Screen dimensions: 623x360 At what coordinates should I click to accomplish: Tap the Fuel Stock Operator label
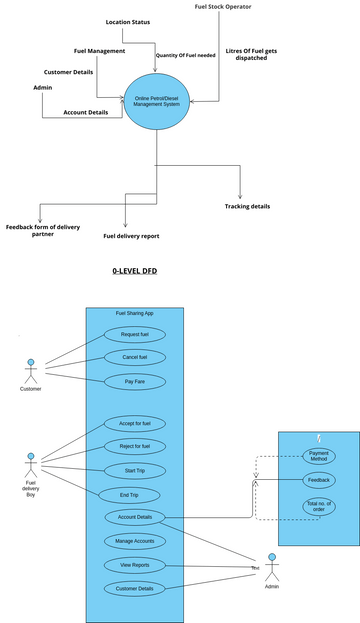[x=222, y=7]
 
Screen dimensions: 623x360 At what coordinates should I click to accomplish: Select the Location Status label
[x=128, y=21]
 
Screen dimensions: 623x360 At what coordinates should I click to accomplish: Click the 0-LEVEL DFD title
[x=135, y=271]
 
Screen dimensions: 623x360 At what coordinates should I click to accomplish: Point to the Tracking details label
[x=247, y=207]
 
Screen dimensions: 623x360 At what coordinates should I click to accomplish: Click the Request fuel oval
[x=135, y=334]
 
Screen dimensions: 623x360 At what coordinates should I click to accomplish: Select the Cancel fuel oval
[x=135, y=357]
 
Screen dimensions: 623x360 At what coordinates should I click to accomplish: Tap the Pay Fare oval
[x=135, y=381]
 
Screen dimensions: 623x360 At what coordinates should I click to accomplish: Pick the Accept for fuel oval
[x=135, y=423]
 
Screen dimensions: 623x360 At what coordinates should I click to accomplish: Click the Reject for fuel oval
[x=135, y=446]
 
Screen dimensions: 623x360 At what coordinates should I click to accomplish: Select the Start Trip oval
[x=135, y=470]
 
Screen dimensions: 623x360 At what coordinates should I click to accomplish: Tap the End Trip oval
[x=129, y=494]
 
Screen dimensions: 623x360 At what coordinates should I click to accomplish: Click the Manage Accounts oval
[x=135, y=541]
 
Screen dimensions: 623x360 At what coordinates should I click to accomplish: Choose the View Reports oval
[x=135, y=565]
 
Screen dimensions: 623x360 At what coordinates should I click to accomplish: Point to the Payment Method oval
[x=319, y=456]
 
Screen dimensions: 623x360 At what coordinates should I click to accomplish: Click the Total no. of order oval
[x=319, y=507]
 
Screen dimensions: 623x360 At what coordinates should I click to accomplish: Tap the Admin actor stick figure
[x=271, y=569]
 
